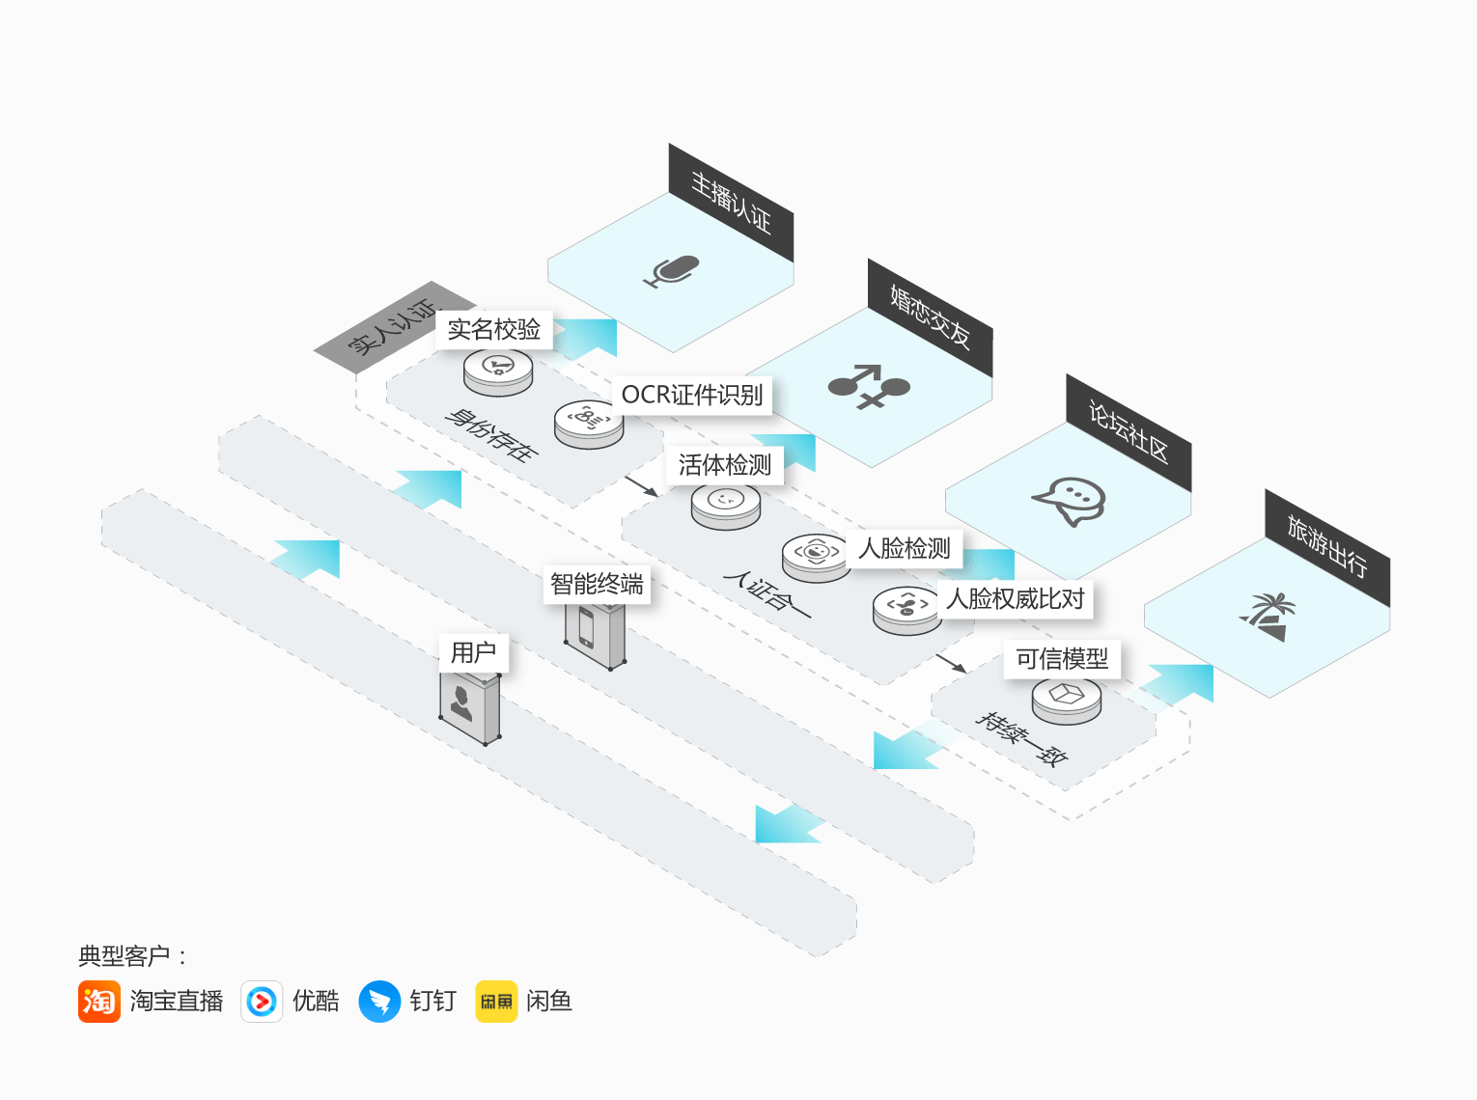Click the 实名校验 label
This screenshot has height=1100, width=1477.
click(x=493, y=330)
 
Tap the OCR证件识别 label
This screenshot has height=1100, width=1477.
click(x=692, y=395)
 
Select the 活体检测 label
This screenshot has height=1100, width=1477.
click(x=725, y=465)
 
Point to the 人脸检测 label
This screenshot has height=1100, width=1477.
click(x=904, y=549)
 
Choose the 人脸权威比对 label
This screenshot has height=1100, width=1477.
click(x=1015, y=598)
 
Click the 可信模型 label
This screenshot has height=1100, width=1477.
click(x=1062, y=659)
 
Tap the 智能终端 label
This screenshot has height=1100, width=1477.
click(x=597, y=584)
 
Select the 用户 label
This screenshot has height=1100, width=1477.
click(x=473, y=652)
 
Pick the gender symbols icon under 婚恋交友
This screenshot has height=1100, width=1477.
click(x=869, y=386)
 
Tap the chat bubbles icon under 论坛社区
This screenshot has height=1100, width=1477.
click(x=1069, y=502)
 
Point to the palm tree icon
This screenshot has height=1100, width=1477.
click(x=1268, y=617)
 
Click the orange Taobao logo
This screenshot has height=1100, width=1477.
click(x=99, y=1001)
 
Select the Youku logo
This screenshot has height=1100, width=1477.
click(x=262, y=1001)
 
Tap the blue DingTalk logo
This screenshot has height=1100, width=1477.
click(x=379, y=1001)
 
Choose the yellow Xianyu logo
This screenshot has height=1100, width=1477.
click(x=497, y=1001)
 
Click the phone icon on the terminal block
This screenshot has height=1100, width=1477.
click(x=586, y=627)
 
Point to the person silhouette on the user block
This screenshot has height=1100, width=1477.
click(x=460, y=703)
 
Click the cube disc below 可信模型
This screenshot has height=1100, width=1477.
click(x=1066, y=701)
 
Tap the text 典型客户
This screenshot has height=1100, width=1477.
click(x=124, y=956)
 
